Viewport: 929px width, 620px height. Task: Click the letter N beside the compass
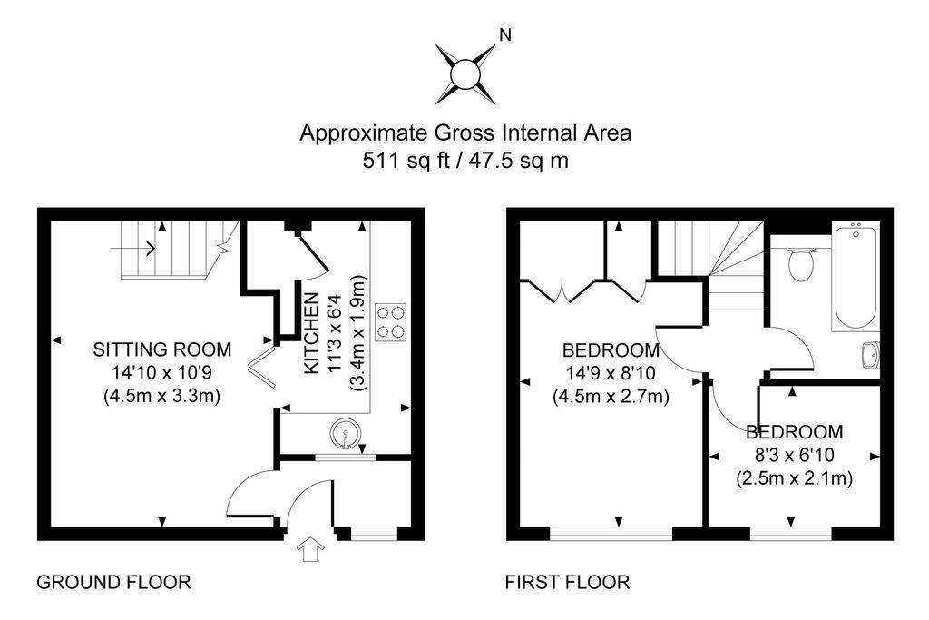(505, 36)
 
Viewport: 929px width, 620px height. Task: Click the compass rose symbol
(464, 72)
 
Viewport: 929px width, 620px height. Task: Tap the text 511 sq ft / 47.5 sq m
(465, 161)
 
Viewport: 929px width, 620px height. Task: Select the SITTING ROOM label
(163, 349)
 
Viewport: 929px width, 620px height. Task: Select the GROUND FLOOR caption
(113, 582)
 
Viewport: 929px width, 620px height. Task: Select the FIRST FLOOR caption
(567, 582)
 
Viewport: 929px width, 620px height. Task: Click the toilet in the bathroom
(800, 265)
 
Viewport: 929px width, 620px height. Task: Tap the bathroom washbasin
(869, 356)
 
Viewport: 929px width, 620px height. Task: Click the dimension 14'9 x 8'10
(610, 373)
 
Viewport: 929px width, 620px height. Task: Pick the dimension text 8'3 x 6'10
(794, 455)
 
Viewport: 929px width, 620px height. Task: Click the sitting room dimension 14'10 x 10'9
(163, 372)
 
